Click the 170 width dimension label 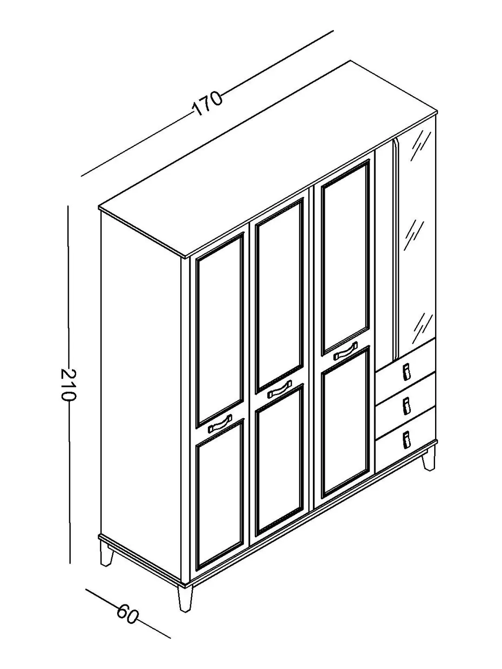pos(207,103)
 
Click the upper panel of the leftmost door pos(220,329)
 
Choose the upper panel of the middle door pos(279,295)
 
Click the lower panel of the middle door pos(279,460)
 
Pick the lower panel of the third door pos(346,423)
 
